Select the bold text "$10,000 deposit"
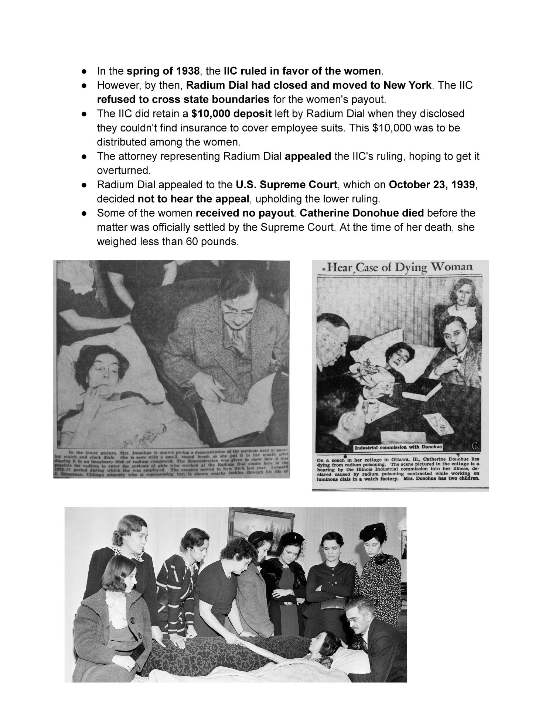pyautogui.click(x=232, y=113)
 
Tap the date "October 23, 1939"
pyautogui.click(x=432, y=185)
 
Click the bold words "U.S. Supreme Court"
pyautogui.click(x=286, y=185)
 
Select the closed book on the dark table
pyautogui.click(x=421, y=390)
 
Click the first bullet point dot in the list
pyautogui.click(x=85, y=71)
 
